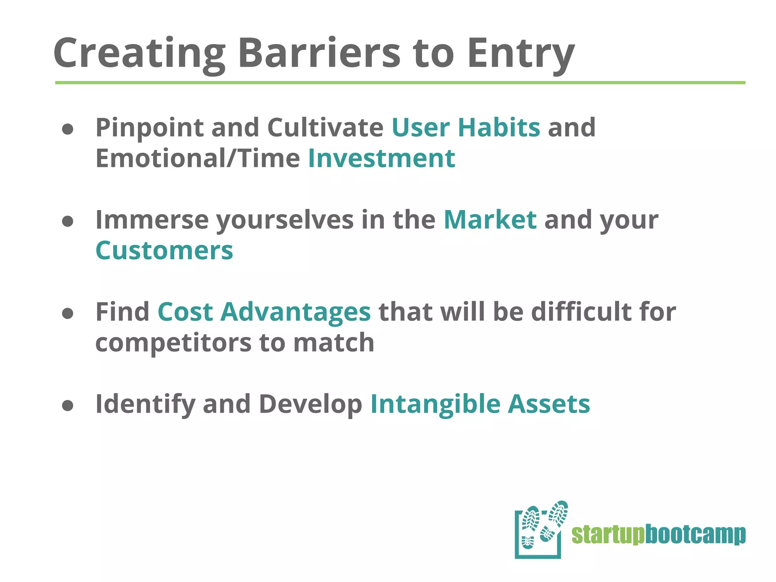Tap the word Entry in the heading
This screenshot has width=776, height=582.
[x=521, y=55]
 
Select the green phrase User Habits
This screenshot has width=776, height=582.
[x=466, y=127]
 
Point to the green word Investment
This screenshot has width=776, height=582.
[x=381, y=158]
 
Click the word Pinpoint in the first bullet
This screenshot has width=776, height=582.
[x=149, y=128]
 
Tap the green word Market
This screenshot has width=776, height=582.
[x=490, y=220]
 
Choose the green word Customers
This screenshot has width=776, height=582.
[x=164, y=251]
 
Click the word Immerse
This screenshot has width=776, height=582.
[x=152, y=220]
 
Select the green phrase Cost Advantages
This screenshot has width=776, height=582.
[x=264, y=312]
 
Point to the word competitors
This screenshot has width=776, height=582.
[x=173, y=343]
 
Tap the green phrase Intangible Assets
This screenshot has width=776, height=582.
[x=480, y=404]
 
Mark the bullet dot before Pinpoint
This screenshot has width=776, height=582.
[x=67, y=129]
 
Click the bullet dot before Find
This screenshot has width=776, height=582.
[x=67, y=313]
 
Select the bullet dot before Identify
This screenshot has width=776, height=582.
[x=67, y=406]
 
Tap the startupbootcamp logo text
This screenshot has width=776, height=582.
[x=658, y=535]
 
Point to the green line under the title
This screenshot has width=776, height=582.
[x=400, y=83]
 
